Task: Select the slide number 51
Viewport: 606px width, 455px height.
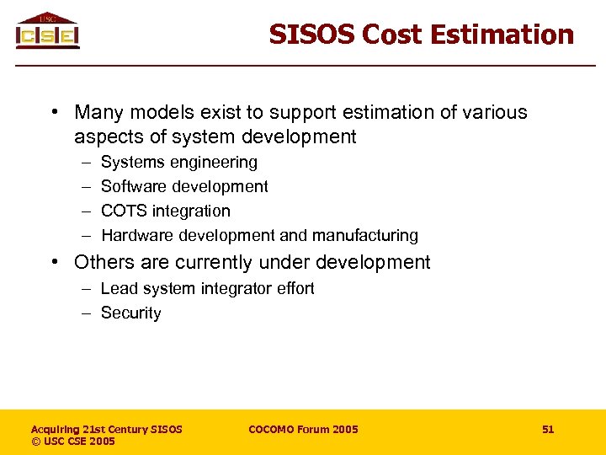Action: (x=548, y=430)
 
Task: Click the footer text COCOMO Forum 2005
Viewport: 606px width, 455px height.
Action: (x=303, y=430)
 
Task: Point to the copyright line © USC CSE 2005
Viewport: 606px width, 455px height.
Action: (x=73, y=442)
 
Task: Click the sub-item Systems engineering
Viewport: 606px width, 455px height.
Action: (x=179, y=162)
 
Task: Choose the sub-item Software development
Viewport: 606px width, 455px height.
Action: (x=184, y=186)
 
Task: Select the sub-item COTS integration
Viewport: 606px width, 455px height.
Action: (x=166, y=211)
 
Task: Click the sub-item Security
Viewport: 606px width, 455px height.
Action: (x=130, y=313)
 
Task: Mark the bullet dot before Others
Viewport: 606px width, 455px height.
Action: (x=53, y=262)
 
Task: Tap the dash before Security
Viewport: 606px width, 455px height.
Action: (x=88, y=313)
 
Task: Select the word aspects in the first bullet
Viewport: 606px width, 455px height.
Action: (x=104, y=136)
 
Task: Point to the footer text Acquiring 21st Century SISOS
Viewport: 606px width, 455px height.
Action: (x=106, y=429)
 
